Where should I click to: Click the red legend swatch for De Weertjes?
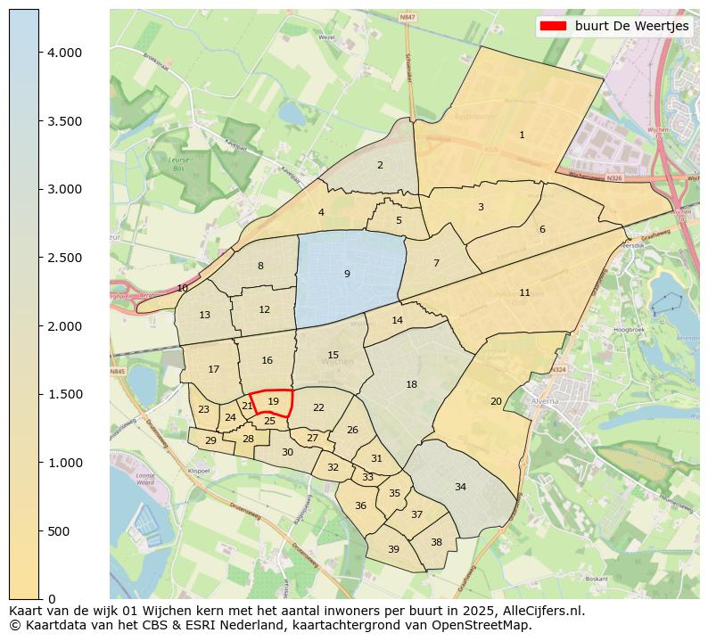[x=553, y=27]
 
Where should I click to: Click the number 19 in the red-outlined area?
[x=273, y=402]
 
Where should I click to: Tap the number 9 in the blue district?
[x=347, y=274]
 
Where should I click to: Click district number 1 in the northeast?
[x=522, y=136]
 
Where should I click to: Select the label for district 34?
[x=460, y=487]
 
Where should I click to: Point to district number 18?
[x=411, y=384]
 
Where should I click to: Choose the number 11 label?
[x=524, y=292]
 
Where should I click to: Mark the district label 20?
[x=496, y=401]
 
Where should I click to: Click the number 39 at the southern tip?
[x=393, y=549]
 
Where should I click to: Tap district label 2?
[x=380, y=165]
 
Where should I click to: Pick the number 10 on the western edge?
[x=182, y=288]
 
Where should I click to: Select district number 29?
[x=210, y=440]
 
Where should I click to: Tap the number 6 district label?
[x=541, y=229]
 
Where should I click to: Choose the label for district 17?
[x=213, y=369]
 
